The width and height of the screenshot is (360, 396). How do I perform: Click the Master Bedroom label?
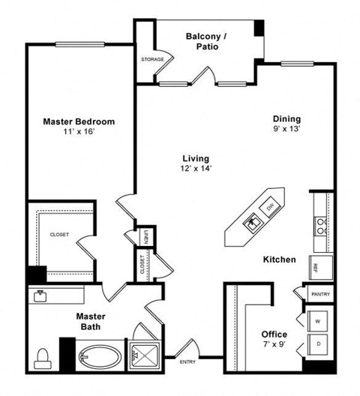pyautogui.click(x=78, y=121)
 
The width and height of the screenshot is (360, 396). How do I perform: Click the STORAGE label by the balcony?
pyautogui.click(x=152, y=59)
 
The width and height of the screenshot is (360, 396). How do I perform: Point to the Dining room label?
pyautogui.click(x=286, y=118)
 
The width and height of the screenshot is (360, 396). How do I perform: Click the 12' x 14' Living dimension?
pyautogui.click(x=195, y=169)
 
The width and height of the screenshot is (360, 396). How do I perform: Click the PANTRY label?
pyautogui.click(x=321, y=295)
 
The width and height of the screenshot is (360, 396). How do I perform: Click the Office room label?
pyautogui.click(x=274, y=334)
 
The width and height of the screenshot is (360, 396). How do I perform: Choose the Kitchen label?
pyautogui.click(x=279, y=260)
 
